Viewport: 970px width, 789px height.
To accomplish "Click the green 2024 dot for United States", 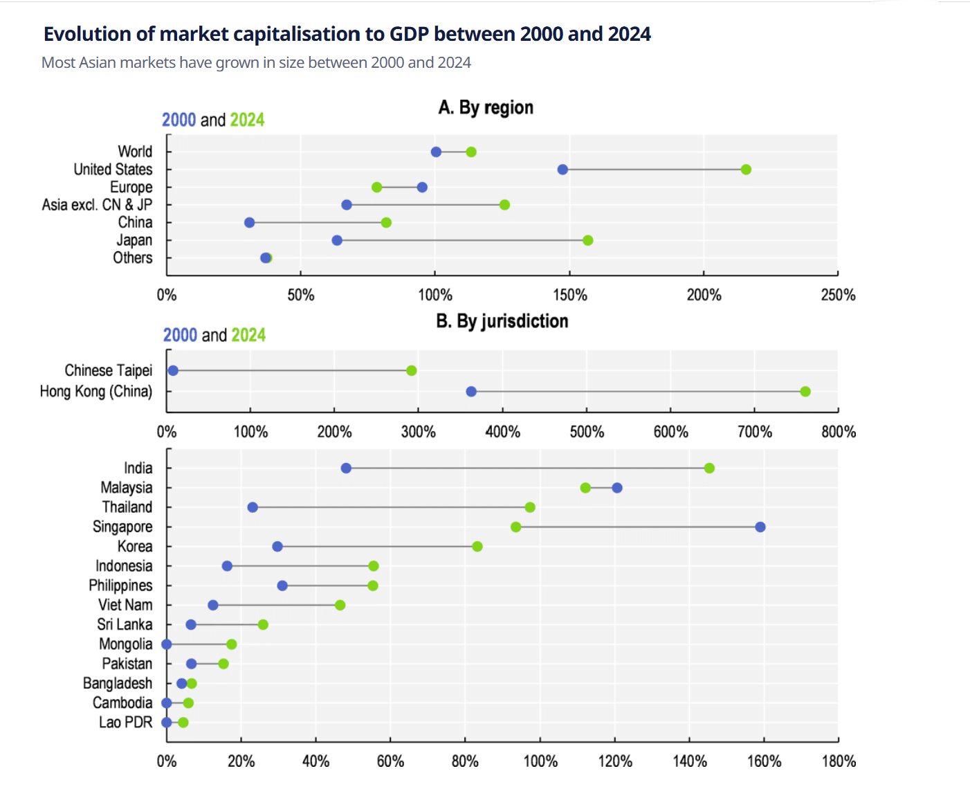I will click(x=746, y=170).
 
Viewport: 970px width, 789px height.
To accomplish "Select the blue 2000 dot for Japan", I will click(x=337, y=241).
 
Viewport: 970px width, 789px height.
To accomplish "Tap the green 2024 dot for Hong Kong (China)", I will click(x=805, y=392).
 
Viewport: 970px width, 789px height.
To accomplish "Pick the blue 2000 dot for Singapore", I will click(x=760, y=527).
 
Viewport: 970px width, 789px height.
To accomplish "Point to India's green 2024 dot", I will click(x=709, y=469).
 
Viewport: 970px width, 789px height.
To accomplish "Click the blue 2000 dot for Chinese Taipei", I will click(x=173, y=371).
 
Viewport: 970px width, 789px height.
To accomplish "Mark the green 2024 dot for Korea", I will click(x=477, y=547).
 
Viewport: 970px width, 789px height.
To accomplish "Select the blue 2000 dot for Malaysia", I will click(x=617, y=488).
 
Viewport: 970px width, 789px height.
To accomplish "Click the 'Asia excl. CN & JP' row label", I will click(x=97, y=205).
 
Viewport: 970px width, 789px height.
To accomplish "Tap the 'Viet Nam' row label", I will click(x=125, y=605).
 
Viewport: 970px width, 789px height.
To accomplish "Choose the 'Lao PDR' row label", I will click(x=125, y=723).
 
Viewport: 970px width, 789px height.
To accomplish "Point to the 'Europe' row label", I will click(x=131, y=188).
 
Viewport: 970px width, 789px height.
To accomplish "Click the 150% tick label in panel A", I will click(x=569, y=296).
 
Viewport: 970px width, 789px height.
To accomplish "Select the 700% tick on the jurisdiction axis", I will click(x=754, y=433).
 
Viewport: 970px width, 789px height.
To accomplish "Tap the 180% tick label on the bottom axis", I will click(x=839, y=762).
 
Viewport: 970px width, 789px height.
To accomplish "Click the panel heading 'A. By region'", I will click(x=486, y=108).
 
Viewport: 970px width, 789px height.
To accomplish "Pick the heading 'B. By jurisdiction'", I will click(x=502, y=321).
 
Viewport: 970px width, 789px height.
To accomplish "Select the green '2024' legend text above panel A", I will click(x=247, y=120).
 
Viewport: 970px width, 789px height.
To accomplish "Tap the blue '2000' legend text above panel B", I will click(x=180, y=336).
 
